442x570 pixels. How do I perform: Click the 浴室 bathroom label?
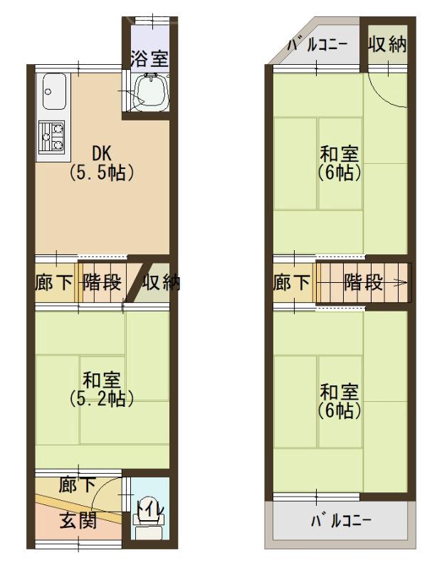(x=149, y=58)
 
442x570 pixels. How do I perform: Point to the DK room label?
(x=101, y=154)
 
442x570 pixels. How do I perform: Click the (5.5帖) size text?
(x=101, y=172)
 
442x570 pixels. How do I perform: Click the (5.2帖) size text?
(x=102, y=399)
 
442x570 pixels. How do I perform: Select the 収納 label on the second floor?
(x=386, y=44)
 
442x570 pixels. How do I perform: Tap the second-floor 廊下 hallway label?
(x=291, y=283)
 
